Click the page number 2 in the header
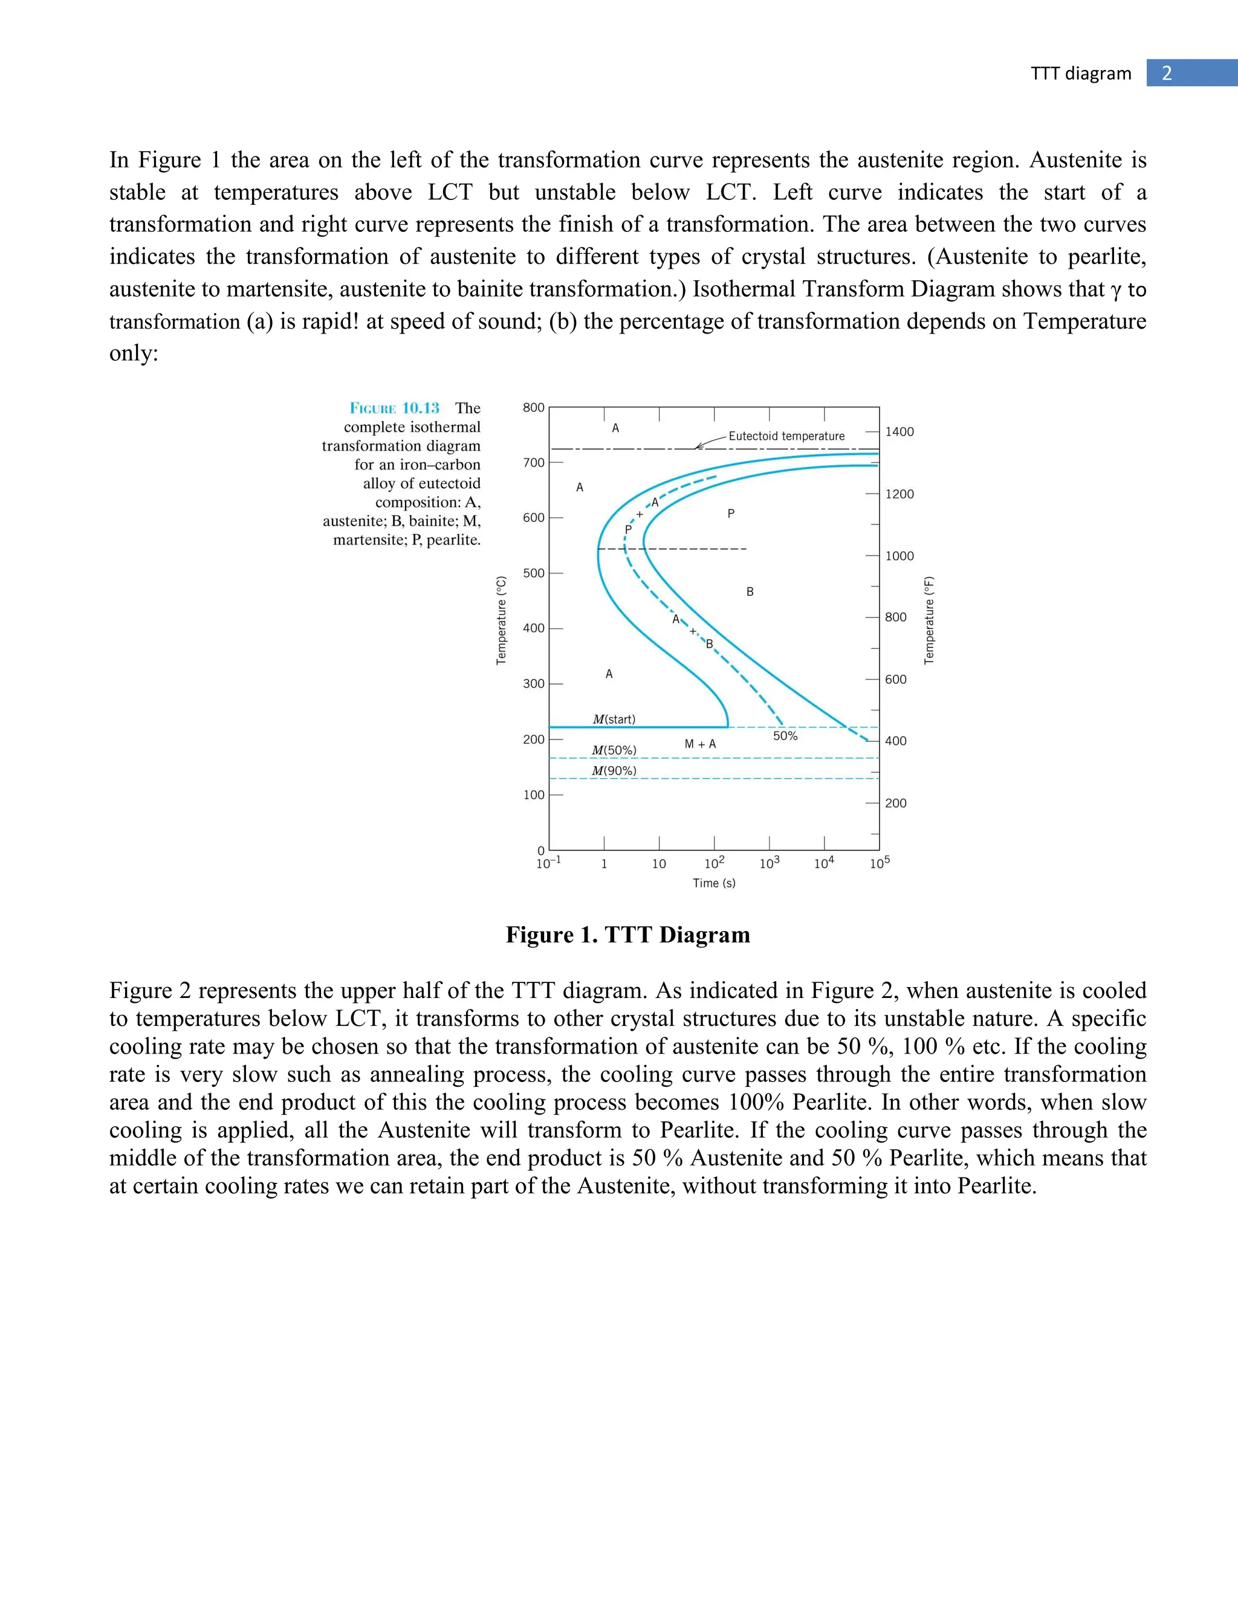pos(1166,73)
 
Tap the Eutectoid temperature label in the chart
pos(786,436)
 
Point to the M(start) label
pos(614,719)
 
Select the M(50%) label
pos(614,750)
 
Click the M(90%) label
pos(614,770)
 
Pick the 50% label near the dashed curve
pos(785,736)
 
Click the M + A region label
pos(699,744)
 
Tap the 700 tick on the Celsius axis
pos(533,463)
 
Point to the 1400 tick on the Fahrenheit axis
pos(899,432)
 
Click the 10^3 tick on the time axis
pos(770,863)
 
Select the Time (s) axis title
pos(714,883)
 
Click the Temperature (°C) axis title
pos(502,620)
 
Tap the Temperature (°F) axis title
pos(929,620)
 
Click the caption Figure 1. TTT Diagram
pos(628,935)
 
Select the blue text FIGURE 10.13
pos(394,408)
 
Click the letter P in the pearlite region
pos(730,514)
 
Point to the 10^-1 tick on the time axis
pos(548,863)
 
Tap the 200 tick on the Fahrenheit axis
pos(895,804)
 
